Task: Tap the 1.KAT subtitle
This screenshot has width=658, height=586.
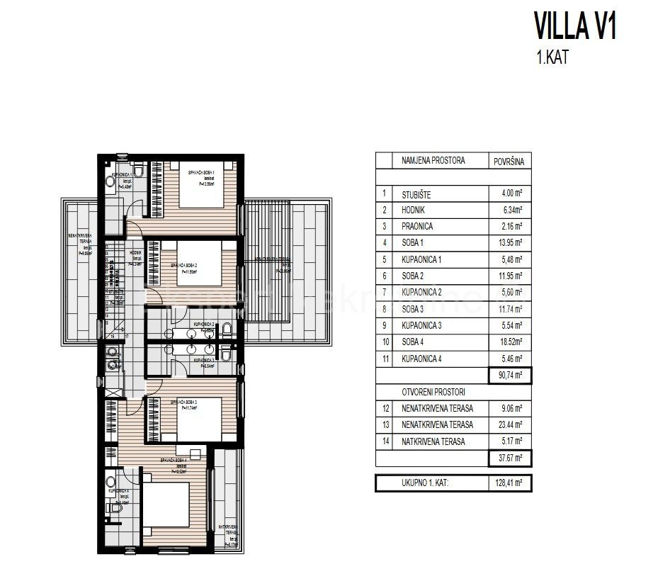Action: coord(552,57)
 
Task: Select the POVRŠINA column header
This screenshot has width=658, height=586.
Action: coord(509,162)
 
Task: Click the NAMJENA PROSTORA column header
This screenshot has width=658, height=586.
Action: coord(433,161)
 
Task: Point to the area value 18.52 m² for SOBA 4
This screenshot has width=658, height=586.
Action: coord(509,342)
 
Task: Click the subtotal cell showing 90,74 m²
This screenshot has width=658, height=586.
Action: coord(509,376)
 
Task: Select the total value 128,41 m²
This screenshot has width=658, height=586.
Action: coord(509,485)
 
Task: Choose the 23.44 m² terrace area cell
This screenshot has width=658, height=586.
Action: coord(509,425)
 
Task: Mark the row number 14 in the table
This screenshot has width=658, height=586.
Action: coord(384,441)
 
